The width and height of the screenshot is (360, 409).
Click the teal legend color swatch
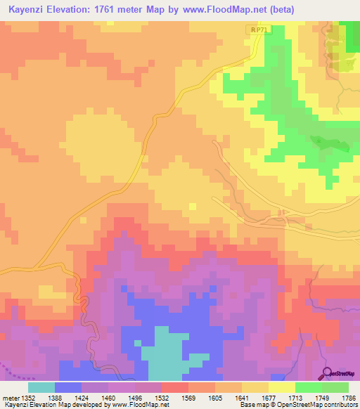coord(41,387)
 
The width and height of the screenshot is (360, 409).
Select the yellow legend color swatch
coord(281,387)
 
